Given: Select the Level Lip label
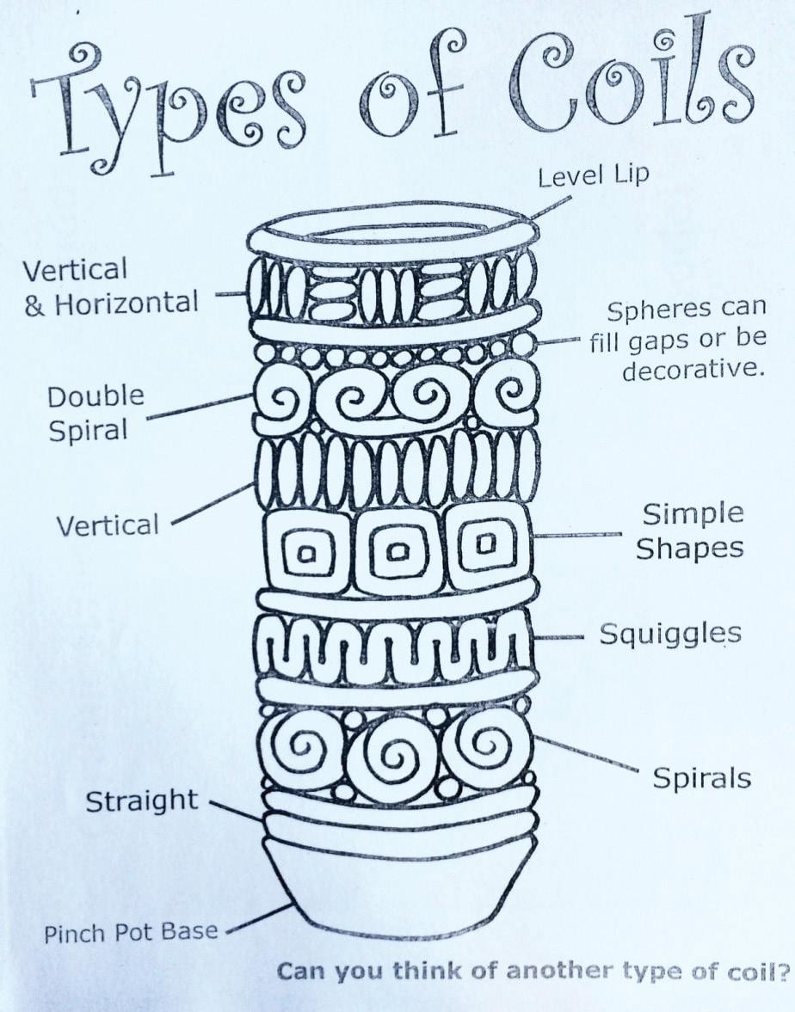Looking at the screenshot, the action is point(593,177).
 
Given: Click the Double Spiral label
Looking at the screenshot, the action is point(96,414).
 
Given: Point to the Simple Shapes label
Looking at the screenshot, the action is point(692,531).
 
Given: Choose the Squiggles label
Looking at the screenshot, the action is point(669,635).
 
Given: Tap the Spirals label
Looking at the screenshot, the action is point(701,778).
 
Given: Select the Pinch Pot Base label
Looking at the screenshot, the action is point(131,932).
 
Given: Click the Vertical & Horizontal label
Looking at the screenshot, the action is point(110,287).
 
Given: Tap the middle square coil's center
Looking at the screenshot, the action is point(397,551).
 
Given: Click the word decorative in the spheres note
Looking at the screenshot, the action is point(693,371).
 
